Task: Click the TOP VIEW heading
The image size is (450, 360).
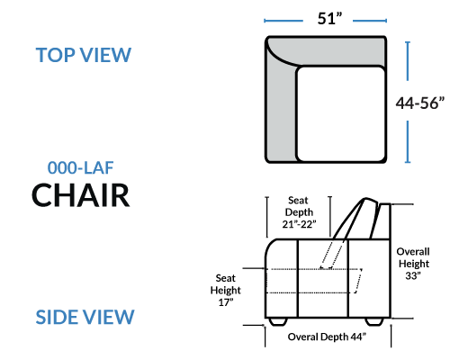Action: (x=84, y=55)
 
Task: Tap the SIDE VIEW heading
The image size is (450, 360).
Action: (x=85, y=317)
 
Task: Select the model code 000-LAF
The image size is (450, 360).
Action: (x=80, y=167)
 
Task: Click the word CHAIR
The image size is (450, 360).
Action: (x=81, y=195)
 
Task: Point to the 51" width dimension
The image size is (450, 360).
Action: (x=329, y=19)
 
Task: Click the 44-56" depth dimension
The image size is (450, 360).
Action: (x=420, y=103)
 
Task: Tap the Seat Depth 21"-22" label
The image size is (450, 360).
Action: (x=299, y=212)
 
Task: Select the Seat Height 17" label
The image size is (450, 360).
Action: (x=226, y=290)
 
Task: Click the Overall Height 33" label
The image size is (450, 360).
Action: (x=413, y=264)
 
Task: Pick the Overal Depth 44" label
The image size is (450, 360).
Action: (x=327, y=337)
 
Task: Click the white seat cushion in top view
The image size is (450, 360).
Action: (x=340, y=114)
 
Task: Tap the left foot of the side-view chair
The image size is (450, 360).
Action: (x=278, y=321)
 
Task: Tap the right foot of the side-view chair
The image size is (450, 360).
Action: (x=374, y=321)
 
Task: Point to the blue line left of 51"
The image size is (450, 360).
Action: (x=283, y=21)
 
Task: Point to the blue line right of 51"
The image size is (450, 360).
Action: (x=370, y=21)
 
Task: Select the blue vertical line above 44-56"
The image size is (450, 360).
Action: (x=408, y=61)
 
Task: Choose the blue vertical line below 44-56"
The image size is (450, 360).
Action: (x=408, y=141)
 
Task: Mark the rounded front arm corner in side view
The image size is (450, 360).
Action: (x=269, y=246)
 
